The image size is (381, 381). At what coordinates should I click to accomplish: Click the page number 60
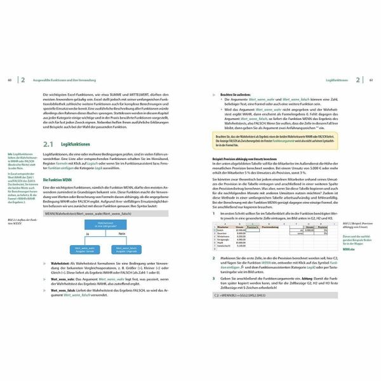pyautogui.click(x=9, y=81)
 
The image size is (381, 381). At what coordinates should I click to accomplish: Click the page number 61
pyautogui.click(x=371, y=81)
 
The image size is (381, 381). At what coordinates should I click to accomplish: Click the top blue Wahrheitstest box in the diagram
pyautogui.click(x=103, y=226)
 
